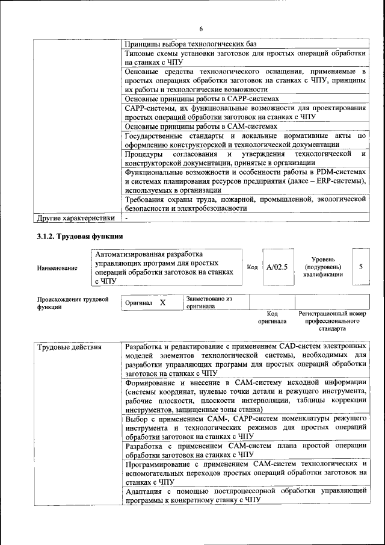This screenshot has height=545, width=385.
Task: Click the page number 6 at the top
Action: pos(201,29)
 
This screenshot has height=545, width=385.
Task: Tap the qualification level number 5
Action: pos(360,266)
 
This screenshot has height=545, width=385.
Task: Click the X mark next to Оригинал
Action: pos(162,302)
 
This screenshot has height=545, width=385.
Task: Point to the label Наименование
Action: pos(57,267)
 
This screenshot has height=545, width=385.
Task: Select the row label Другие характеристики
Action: pos(76,217)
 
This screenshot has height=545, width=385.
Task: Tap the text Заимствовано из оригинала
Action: pos(209,302)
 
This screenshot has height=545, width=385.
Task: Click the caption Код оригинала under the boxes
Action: pos(272,317)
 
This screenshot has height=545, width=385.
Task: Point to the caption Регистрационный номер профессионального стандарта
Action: pos(332,322)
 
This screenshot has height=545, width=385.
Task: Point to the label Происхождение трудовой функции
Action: pos(72,302)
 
